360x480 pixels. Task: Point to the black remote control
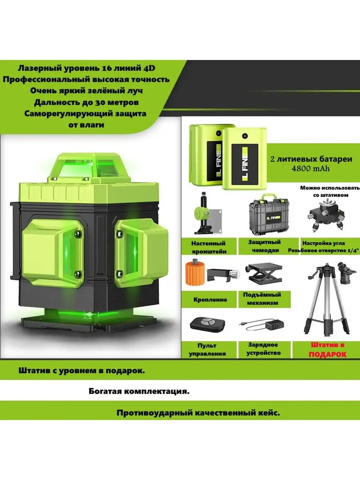[x=208, y=324]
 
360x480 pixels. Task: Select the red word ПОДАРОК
[x=328, y=354]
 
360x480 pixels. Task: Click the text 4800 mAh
[x=310, y=169]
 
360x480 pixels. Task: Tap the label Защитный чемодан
[x=264, y=246]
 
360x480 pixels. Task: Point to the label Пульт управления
[x=207, y=350]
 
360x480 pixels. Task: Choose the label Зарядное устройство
[x=263, y=349]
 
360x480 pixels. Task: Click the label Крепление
[x=210, y=300]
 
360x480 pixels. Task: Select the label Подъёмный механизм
[x=262, y=299]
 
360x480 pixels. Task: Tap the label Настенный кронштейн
[x=208, y=247]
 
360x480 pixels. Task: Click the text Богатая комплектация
[x=139, y=392]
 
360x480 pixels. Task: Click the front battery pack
[x=244, y=159]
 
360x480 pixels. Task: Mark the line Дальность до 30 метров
[x=86, y=102]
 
